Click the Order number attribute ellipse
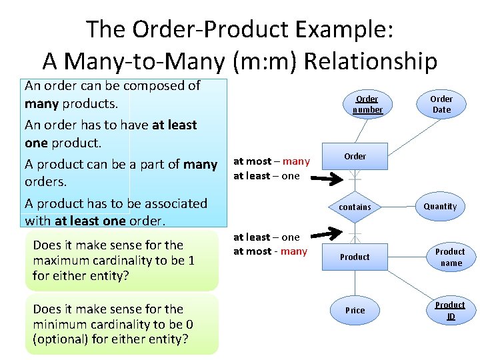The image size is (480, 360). pyautogui.click(x=367, y=105)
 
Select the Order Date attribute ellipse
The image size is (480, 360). pyautogui.click(x=441, y=105)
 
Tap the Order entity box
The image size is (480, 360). pyautogui.click(x=355, y=156)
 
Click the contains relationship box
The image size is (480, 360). pyautogui.click(x=355, y=207)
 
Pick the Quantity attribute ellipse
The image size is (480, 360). pyautogui.click(x=440, y=207)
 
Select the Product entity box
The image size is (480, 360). pyautogui.click(x=355, y=257)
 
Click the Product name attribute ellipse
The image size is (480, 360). pyautogui.click(x=451, y=257)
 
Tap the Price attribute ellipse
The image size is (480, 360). pyautogui.click(x=355, y=310)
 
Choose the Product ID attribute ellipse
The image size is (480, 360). pyautogui.click(x=451, y=310)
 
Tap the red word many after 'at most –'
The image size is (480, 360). pyautogui.click(x=296, y=161)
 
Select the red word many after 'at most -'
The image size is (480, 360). pyautogui.click(x=294, y=251)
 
